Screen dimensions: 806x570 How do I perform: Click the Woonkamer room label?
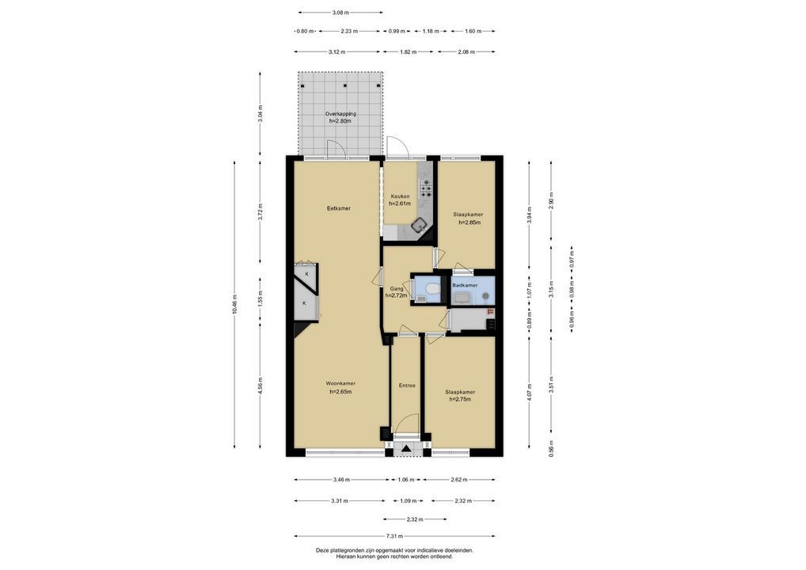(340, 383)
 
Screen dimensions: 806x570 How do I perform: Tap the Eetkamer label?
(339, 208)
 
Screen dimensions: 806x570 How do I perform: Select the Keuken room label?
(400, 196)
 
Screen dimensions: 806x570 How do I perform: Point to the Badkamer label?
(465, 285)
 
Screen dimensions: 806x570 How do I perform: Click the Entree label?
(407, 386)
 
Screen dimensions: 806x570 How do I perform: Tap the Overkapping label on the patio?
(340, 113)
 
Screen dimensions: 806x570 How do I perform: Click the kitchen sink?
(420, 223)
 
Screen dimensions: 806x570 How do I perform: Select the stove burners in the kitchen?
(426, 188)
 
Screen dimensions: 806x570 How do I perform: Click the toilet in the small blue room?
(433, 288)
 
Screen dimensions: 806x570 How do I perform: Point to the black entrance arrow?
(407, 448)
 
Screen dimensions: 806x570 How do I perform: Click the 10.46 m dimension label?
(235, 304)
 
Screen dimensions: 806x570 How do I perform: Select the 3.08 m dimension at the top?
(340, 13)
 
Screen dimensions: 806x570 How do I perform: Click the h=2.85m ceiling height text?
(470, 222)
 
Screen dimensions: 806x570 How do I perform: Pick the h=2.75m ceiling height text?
(460, 399)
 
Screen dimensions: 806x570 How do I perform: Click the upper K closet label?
(307, 274)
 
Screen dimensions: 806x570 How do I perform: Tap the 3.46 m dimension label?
(340, 480)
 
